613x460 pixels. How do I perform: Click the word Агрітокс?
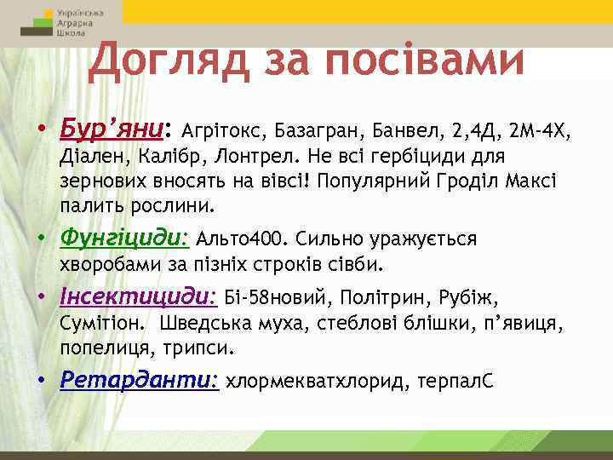pyautogui.click(x=222, y=132)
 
